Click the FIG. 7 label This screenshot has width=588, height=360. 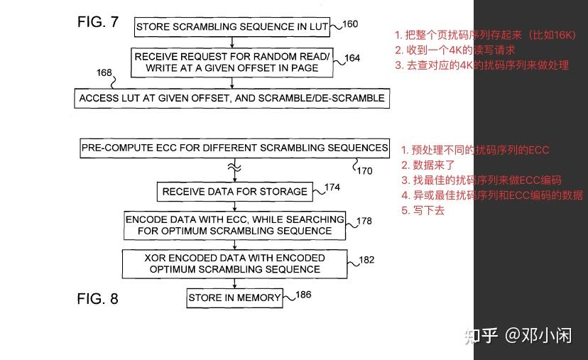[x=97, y=22]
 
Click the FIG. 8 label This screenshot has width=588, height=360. [x=97, y=299]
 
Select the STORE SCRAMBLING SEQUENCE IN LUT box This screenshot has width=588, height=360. [x=232, y=27]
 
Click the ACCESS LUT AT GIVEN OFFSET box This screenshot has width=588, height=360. [x=232, y=98]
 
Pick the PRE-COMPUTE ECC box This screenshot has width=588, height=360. [x=235, y=148]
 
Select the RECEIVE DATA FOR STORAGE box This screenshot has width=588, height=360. [x=235, y=191]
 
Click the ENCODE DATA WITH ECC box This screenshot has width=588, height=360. [x=235, y=225]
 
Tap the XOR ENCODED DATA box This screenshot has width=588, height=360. [x=235, y=263]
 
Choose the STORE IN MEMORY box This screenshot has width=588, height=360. [x=234, y=298]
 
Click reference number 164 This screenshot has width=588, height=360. [x=353, y=58]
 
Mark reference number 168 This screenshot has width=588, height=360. [x=104, y=73]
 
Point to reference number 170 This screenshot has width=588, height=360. [x=364, y=170]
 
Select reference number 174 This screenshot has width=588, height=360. [x=332, y=187]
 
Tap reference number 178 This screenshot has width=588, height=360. [x=364, y=221]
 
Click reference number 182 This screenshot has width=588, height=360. [x=366, y=260]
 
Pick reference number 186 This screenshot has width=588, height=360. [x=303, y=294]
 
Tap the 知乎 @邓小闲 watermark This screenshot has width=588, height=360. [x=517, y=335]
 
